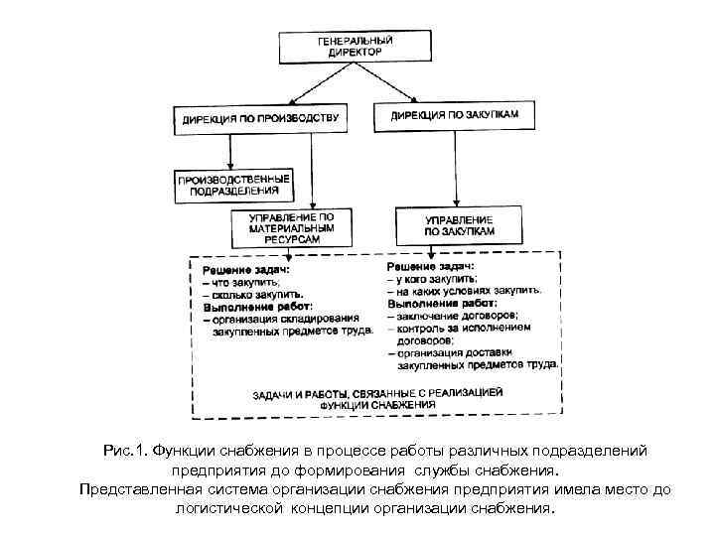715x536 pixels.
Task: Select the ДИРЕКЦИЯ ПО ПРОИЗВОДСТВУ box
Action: [260, 119]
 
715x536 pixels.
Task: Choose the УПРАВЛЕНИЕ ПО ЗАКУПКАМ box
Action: [459, 225]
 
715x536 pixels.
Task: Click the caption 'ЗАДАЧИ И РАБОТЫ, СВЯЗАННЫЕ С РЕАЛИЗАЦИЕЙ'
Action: [377, 395]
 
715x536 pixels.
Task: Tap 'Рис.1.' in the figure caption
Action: [125, 451]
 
